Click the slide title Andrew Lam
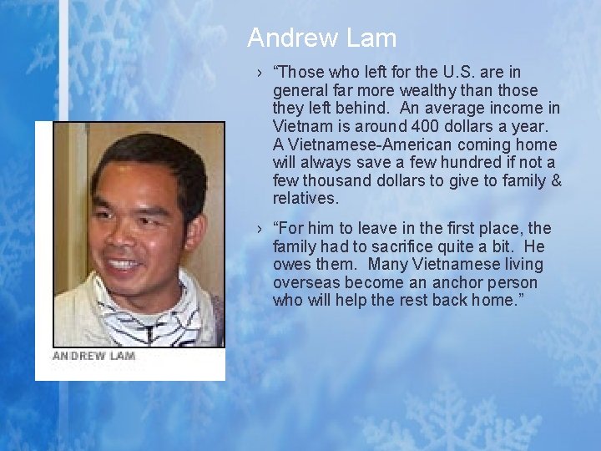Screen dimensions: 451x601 tap(321, 38)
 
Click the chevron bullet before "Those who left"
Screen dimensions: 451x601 tap(260, 73)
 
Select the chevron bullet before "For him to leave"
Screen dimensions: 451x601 tap(260, 229)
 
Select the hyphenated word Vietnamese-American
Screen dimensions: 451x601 tap(361, 144)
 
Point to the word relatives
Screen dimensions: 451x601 tap(306, 199)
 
